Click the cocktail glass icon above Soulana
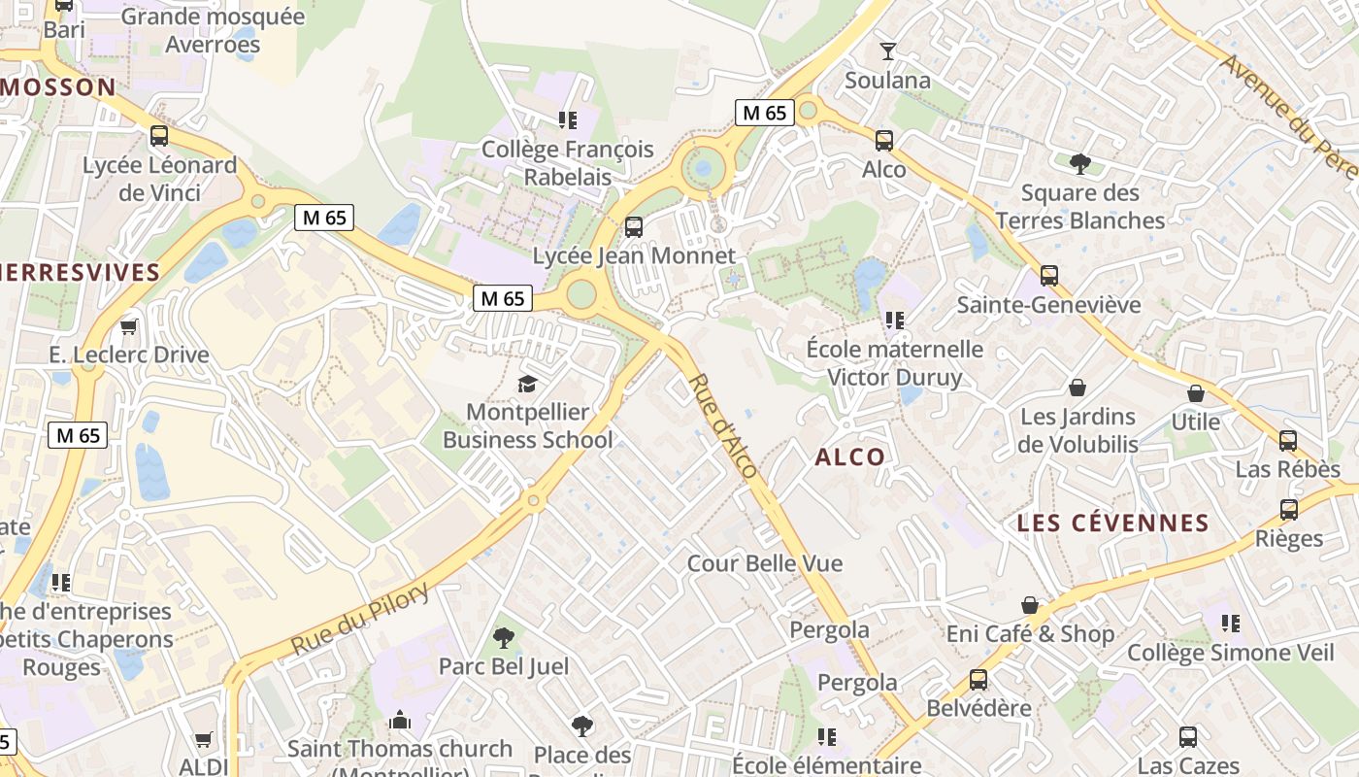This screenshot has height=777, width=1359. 887,51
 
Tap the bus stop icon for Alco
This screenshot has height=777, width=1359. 884,141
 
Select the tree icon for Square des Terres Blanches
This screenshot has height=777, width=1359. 1079,163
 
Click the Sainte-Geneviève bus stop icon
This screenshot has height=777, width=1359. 1048,276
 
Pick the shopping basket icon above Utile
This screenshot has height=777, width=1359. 1196,393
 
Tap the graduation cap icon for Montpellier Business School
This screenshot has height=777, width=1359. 527,385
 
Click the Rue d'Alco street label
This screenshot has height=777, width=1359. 723,425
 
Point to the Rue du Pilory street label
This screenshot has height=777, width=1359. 360,619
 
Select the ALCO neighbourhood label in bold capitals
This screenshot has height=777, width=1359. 850,457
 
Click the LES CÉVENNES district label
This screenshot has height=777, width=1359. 1112,524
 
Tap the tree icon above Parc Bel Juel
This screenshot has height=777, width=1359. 503,638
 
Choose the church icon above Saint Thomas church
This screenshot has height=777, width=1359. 400,721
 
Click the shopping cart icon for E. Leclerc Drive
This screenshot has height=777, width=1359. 129,326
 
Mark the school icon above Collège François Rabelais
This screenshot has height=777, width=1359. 568,120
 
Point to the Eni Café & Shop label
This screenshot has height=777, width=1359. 1030,634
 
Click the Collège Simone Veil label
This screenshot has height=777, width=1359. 1230,653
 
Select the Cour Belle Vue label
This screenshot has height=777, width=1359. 765,563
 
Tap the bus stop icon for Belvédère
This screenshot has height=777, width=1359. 978,680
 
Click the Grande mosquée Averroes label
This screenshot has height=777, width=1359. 213,30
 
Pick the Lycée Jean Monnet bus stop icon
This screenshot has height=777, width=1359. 634,227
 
